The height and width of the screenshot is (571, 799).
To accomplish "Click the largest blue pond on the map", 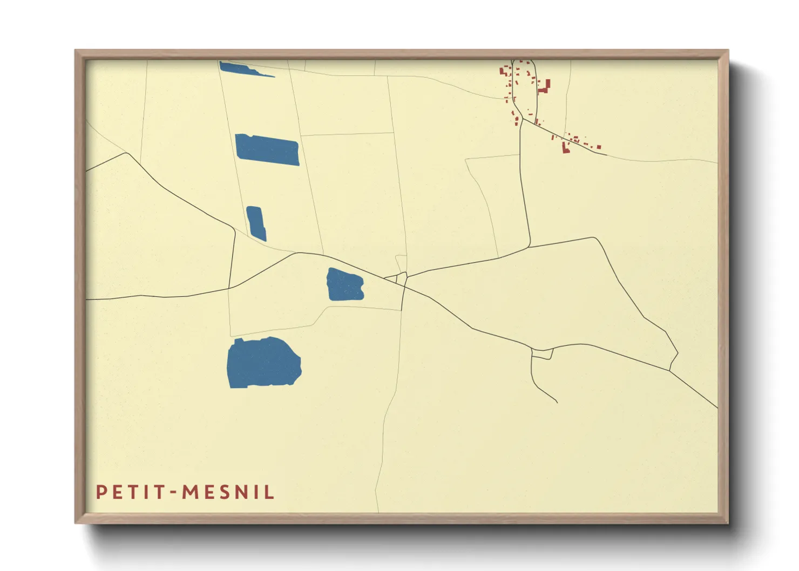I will [263, 363].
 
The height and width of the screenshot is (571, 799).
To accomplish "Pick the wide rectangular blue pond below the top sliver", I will [267, 149].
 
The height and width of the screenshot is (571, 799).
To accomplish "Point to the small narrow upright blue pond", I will [256, 223].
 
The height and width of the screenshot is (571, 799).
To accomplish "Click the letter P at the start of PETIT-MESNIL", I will [101, 492].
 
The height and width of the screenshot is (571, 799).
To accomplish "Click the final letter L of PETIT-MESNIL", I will [269, 492].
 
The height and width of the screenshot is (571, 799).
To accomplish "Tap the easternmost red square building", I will [599, 146].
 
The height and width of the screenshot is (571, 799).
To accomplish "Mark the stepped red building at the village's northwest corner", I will [504, 71].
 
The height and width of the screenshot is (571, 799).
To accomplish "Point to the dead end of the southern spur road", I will [557, 403].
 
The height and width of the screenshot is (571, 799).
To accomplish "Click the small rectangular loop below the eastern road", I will [542, 354].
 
